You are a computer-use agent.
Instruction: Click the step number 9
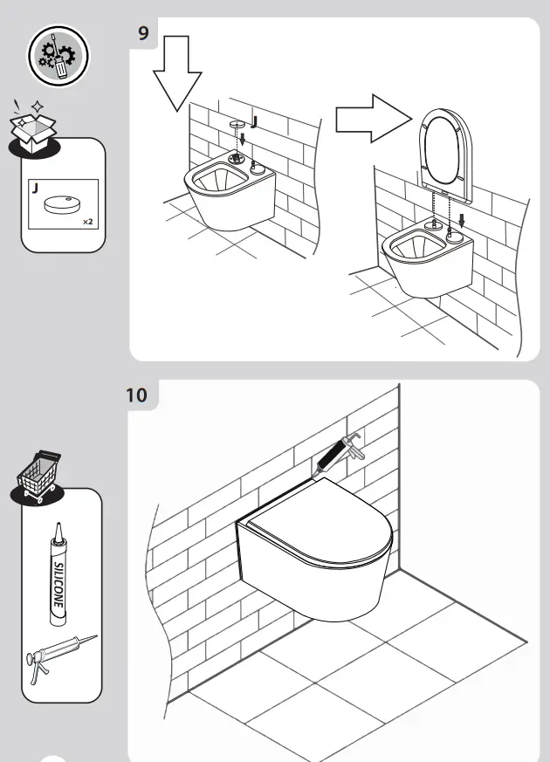pos(143,33)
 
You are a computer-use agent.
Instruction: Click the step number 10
pos(137,395)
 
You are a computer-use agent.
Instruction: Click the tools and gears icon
pos(58,54)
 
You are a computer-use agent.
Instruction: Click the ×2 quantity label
pos(87,223)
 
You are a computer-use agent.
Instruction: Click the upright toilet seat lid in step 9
pos(445,148)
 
